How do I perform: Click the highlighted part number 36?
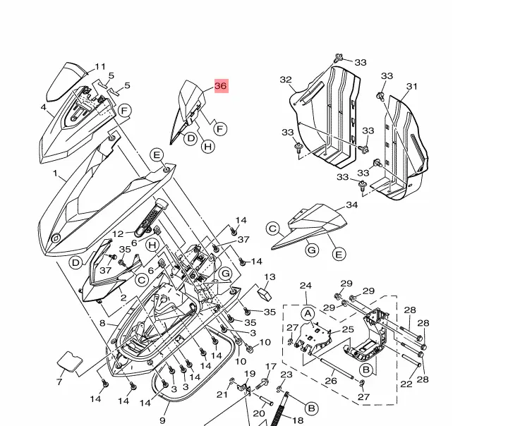[221, 86]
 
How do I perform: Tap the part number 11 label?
[100, 67]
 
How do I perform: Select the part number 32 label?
[286, 80]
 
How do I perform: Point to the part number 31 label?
[412, 87]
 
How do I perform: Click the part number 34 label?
[351, 205]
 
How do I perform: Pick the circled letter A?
[308, 313]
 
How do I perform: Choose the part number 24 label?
[306, 286]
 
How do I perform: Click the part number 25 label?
[348, 329]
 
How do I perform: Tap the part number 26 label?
[330, 382]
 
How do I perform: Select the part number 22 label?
[406, 384]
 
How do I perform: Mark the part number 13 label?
[270, 277]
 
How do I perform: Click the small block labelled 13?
[265, 292]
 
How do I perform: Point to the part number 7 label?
[59, 382]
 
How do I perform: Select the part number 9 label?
[162, 420]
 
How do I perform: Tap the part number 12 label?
[118, 233]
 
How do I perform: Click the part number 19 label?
[249, 374]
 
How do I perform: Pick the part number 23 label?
[286, 375]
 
